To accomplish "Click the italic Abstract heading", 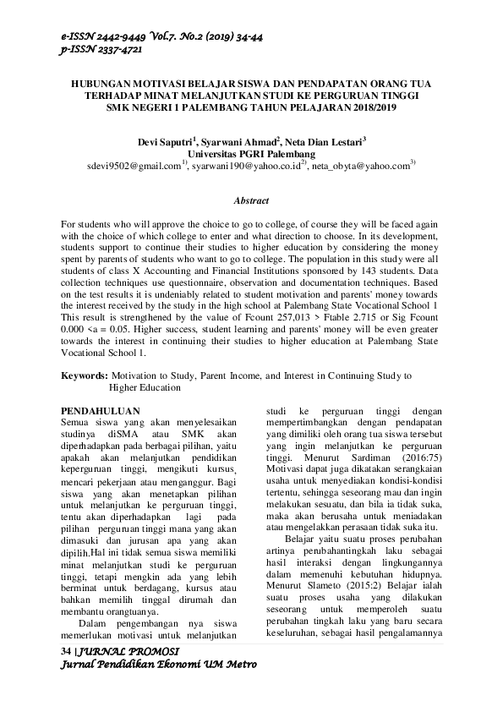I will (251, 200).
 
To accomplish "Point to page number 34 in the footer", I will (68, 651).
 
